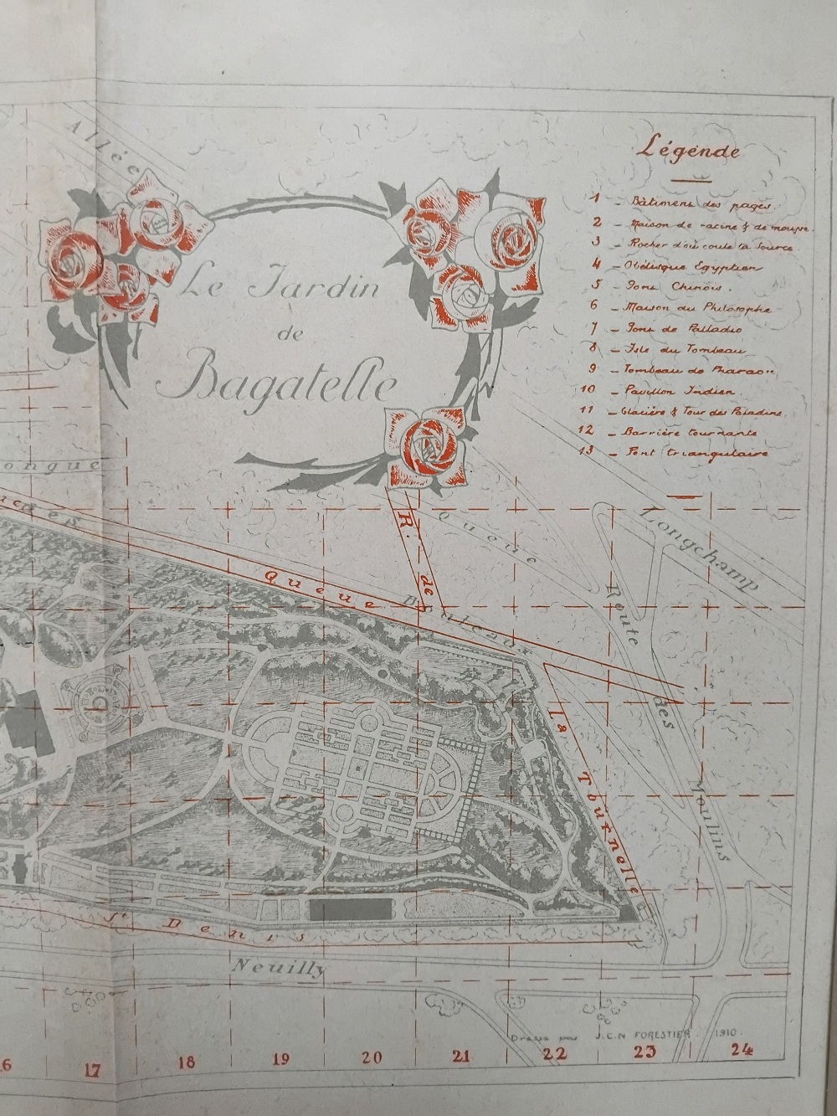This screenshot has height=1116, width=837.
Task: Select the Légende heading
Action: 689,152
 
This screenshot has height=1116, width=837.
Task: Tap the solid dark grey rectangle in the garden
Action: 352,909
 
